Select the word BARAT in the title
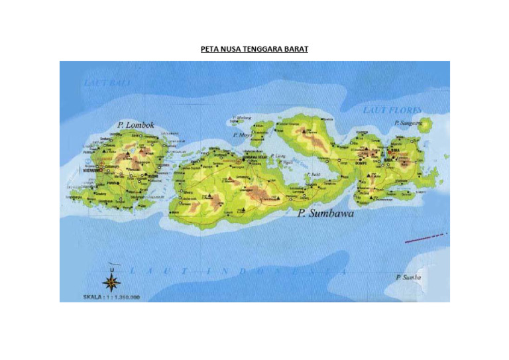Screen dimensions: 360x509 (x=295, y=49)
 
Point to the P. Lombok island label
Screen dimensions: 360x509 (x=135, y=124)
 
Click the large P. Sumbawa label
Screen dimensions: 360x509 (x=325, y=213)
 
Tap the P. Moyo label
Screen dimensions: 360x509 (x=242, y=134)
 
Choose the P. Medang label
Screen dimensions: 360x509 (x=238, y=115)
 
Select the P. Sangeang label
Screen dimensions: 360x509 (x=408, y=123)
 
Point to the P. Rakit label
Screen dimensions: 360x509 (x=315, y=174)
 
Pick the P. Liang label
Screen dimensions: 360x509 (x=279, y=156)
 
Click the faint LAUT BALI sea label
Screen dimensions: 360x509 (x=107, y=83)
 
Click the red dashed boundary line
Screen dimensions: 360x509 (x=426, y=237)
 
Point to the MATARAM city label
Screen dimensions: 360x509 (x=91, y=170)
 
